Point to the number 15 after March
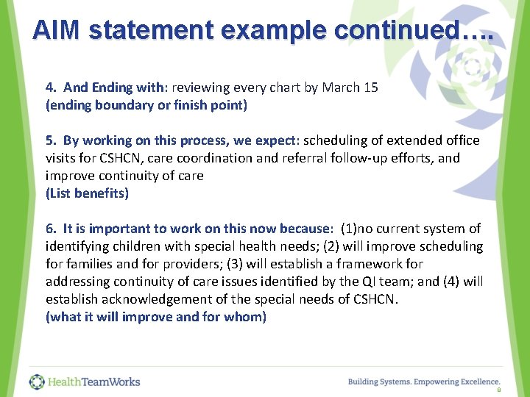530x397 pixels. pyautogui.click(x=371, y=87)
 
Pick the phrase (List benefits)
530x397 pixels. pyautogui.click(x=87, y=193)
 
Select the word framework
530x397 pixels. pyautogui.click(x=395, y=264)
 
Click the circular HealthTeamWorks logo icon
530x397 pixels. pyautogui.click(x=37, y=382)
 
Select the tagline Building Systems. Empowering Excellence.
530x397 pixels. pyautogui.click(x=424, y=382)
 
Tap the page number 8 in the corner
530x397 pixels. pyautogui.click(x=498, y=392)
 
